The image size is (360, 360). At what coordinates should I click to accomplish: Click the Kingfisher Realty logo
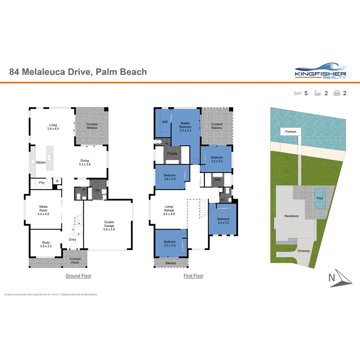(x=320, y=71)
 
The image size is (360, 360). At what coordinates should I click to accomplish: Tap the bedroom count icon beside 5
(x=297, y=93)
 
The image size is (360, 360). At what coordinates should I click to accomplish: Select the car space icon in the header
(x=337, y=93)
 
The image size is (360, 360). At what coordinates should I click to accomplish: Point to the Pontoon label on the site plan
(x=290, y=132)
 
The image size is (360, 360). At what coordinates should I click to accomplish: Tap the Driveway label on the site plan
(x=304, y=251)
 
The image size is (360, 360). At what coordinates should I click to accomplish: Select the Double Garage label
(x=109, y=226)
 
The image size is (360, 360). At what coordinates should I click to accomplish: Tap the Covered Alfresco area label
(x=92, y=126)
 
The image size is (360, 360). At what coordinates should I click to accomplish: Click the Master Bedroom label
(x=185, y=126)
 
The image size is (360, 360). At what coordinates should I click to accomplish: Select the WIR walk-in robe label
(x=165, y=122)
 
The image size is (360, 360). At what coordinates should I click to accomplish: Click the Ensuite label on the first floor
(x=172, y=153)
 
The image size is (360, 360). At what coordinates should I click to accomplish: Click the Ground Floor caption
(x=78, y=276)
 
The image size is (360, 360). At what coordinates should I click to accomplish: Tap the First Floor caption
(x=194, y=276)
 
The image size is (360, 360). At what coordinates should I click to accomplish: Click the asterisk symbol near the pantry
(x=58, y=181)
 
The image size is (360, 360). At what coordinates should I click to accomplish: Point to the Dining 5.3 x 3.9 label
(x=85, y=163)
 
